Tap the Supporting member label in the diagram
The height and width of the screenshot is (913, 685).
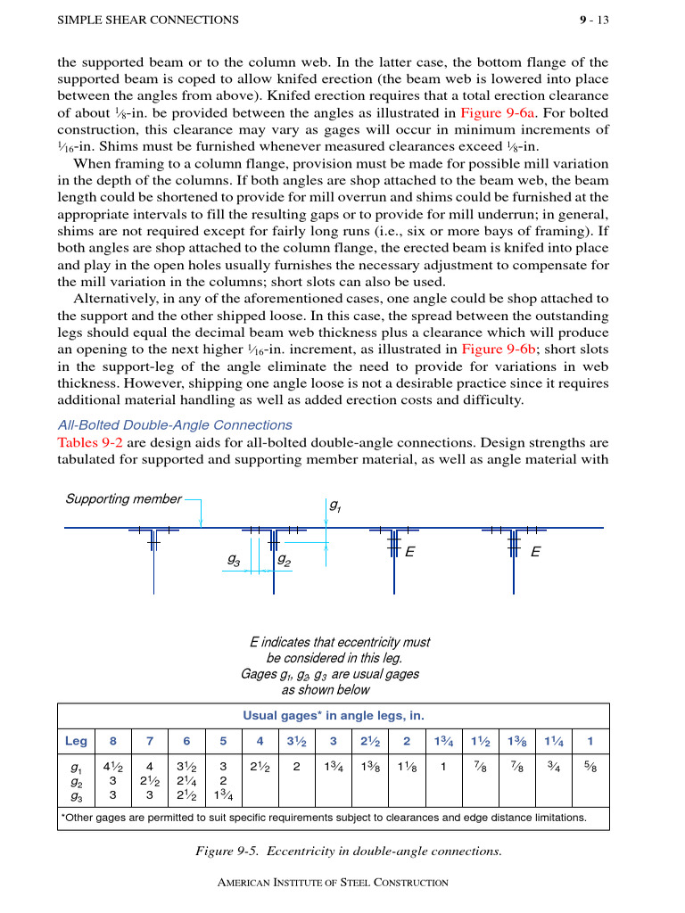coord(123,499)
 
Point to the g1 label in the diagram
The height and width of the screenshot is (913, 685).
coord(334,506)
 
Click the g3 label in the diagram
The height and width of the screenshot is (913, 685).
coord(233,560)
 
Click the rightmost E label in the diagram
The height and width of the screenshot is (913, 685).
coord(534,552)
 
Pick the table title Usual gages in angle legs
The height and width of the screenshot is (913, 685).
coord(334,715)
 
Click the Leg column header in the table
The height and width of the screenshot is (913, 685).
coord(77,741)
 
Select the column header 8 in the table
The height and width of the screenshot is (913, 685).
coord(112,741)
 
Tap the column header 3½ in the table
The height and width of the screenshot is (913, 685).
coord(296,741)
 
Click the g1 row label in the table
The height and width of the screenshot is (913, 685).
coord(77,766)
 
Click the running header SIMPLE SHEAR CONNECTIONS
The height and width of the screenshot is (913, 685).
coord(148,20)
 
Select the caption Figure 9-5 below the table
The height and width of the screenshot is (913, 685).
coord(349,851)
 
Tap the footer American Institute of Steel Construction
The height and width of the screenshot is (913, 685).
coord(334,883)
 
